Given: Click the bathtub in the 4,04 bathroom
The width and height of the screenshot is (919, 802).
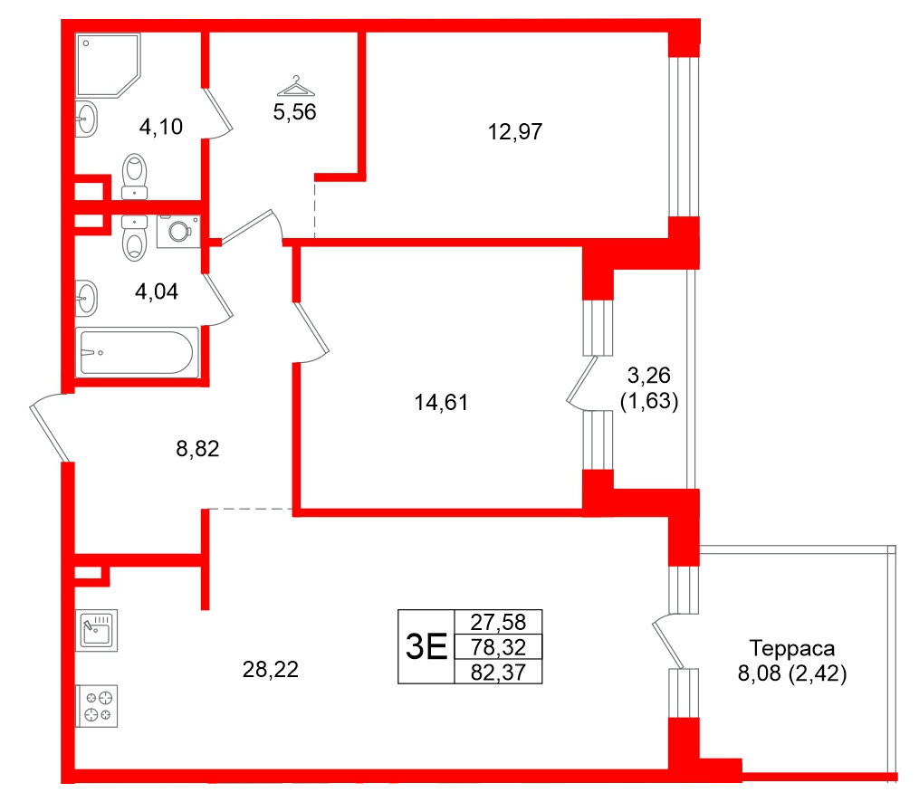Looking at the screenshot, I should tap(138, 352).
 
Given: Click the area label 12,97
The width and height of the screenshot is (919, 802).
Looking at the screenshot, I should tap(514, 132).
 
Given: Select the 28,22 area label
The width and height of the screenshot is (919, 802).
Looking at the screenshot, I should tap(270, 670).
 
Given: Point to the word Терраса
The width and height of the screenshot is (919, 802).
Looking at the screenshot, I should tap(791, 648).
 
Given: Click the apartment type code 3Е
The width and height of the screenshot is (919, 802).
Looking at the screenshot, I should tap(426, 647).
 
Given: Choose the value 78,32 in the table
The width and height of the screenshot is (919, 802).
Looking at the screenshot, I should tap(499, 647).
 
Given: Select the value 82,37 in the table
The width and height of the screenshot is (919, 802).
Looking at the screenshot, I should tap(499, 672).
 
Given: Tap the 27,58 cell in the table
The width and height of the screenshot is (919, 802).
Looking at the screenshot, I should tap(499, 623).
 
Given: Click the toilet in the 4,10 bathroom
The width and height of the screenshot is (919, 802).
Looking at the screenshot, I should tap(135, 175).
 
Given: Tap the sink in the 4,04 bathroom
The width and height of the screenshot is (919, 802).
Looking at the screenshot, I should tap(86, 298).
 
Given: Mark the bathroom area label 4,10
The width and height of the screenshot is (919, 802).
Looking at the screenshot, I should tap(161, 127).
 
